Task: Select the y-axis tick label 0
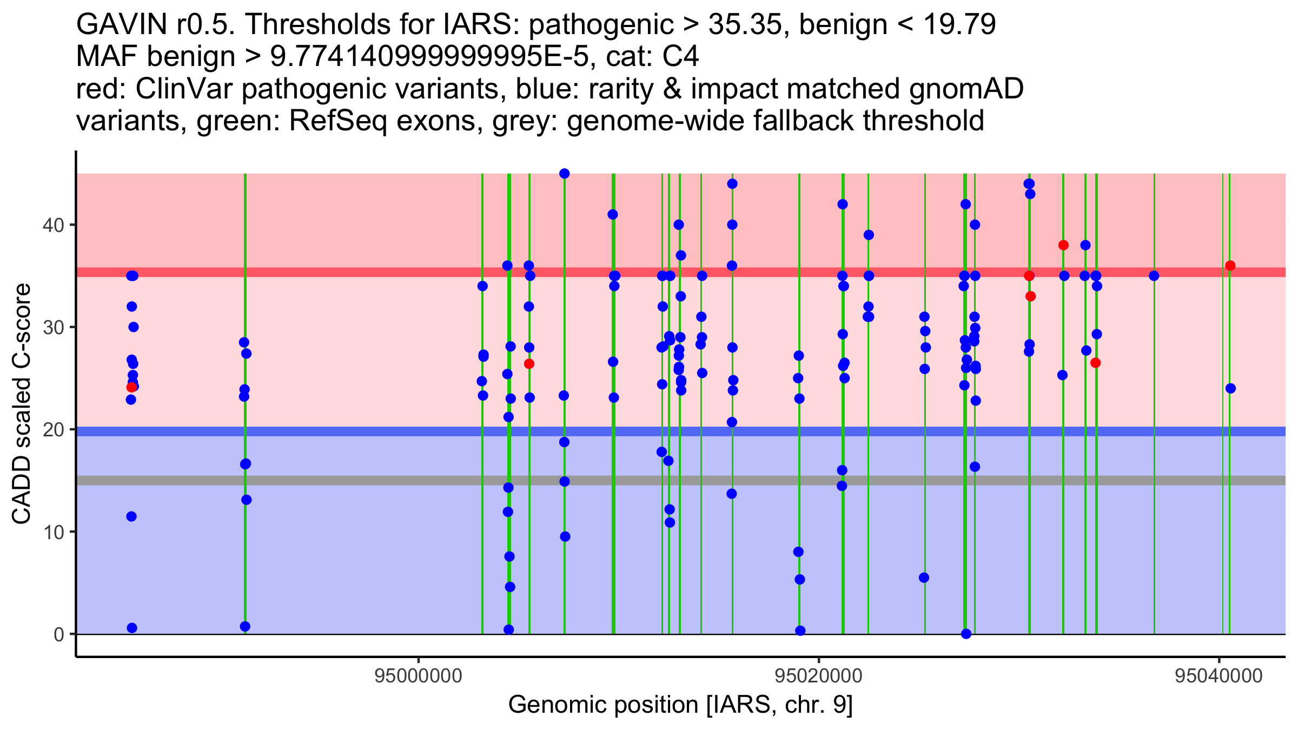click(x=58, y=634)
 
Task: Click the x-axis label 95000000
click(x=419, y=676)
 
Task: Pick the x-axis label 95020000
click(x=819, y=676)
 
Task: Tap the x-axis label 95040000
click(x=1219, y=676)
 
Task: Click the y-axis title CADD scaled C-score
click(x=22, y=404)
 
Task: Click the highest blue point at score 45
click(x=564, y=174)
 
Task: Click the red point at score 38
click(x=1063, y=245)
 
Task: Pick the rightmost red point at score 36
click(x=1230, y=266)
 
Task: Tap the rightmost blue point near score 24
click(x=1231, y=388)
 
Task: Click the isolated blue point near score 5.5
click(x=924, y=578)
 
